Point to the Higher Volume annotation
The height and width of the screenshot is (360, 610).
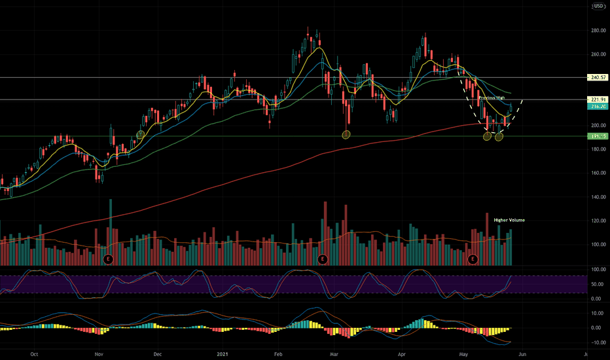tap(509, 220)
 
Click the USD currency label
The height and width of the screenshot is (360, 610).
tap(598, 7)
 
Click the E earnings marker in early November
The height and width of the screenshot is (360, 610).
tap(109, 259)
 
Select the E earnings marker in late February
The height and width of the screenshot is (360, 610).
tap(323, 259)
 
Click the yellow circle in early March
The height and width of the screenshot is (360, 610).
tap(346, 135)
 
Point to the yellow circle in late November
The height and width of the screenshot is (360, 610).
tap(140, 134)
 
